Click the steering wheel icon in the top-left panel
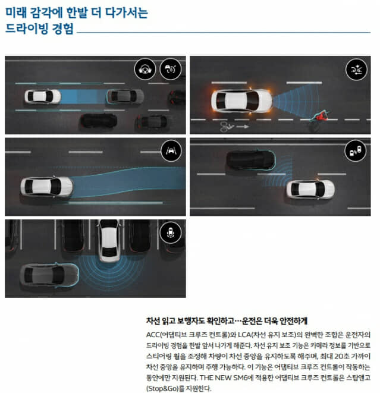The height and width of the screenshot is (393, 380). click(x=145, y=69)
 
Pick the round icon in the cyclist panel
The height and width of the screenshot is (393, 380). click(x=355, y=70)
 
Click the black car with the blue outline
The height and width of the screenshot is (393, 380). click(x=250, y=159)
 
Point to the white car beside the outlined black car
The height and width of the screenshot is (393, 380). click(x=310, y=188)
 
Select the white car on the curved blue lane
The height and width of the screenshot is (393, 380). click(x=46, y=186)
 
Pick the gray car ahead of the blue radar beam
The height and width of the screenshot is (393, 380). click(x=125, y=96)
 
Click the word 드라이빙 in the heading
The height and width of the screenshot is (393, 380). click(x=25, y=29)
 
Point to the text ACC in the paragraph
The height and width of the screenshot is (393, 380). click(x=154, y=334)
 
